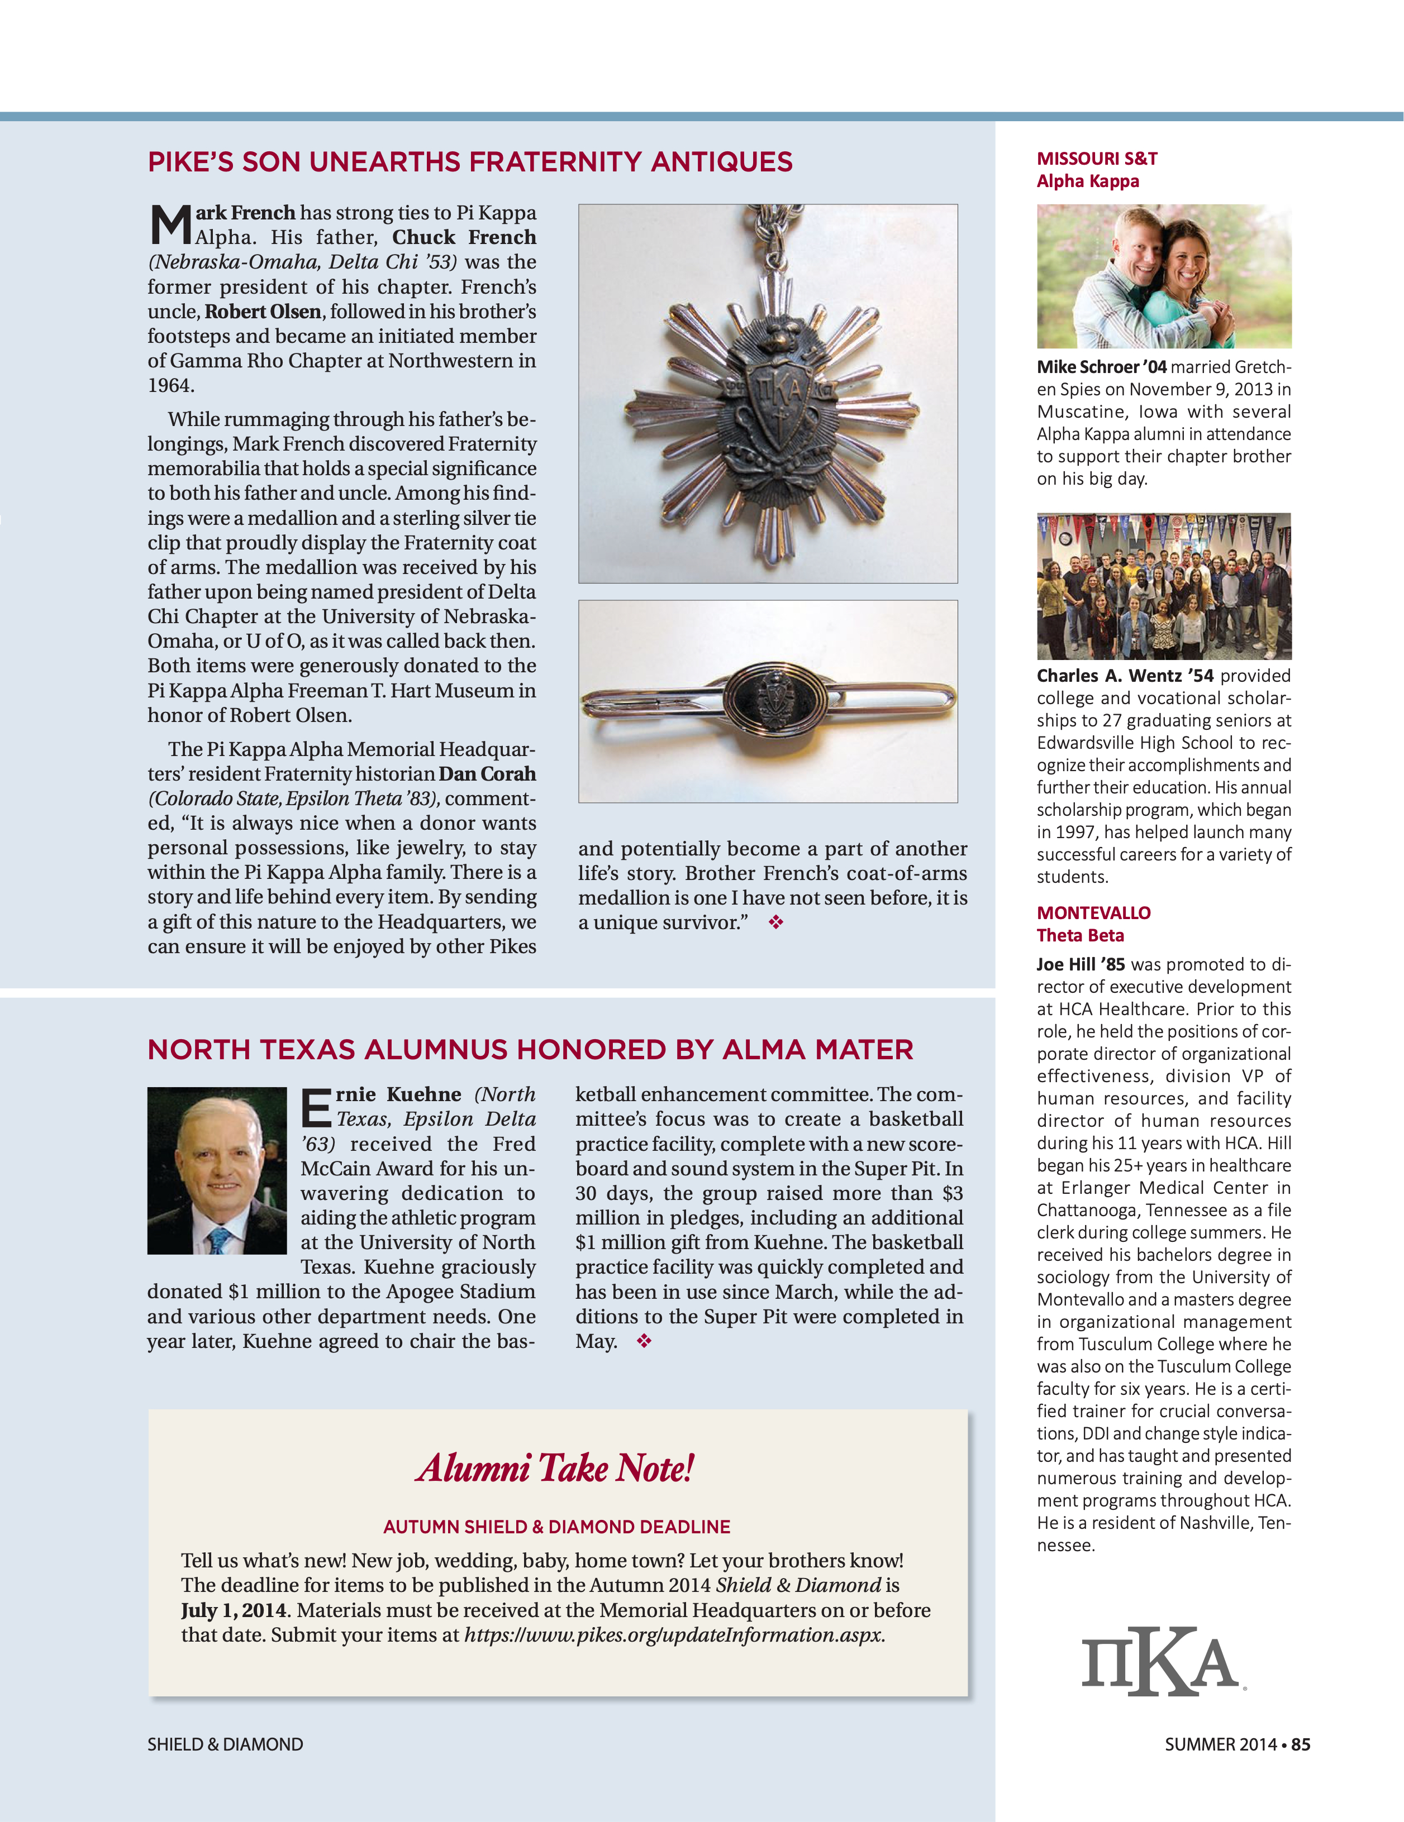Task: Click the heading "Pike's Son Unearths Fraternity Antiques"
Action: click(x=470, y=162)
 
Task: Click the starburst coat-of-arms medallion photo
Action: click(x=768, y=393)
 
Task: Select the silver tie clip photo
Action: click(x=768, y=701)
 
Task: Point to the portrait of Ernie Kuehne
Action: click(x=217, y=1170)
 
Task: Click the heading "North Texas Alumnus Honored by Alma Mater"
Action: click(x=530, y=1050)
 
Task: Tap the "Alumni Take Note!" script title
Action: click(x=556, y=1469)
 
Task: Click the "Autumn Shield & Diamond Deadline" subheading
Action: click(x=557, y=1527)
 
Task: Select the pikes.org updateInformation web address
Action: click(x=674, y=1635)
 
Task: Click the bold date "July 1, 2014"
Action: click(x=234, y=1610)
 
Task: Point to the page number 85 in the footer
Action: click(x=1301, y=1744)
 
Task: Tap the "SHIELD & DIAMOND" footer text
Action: click(x=225, y=1744)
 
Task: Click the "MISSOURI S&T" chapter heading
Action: click(x=1097, y=159)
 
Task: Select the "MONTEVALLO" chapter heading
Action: click(x=1093, y=912)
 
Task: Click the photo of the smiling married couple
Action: click(x=1164, y=276)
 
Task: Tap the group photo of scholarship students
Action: click(x=1164, y=586)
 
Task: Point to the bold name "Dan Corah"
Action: click(x=488, y=774)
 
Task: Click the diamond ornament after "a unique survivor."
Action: click(x=776, y=922)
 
